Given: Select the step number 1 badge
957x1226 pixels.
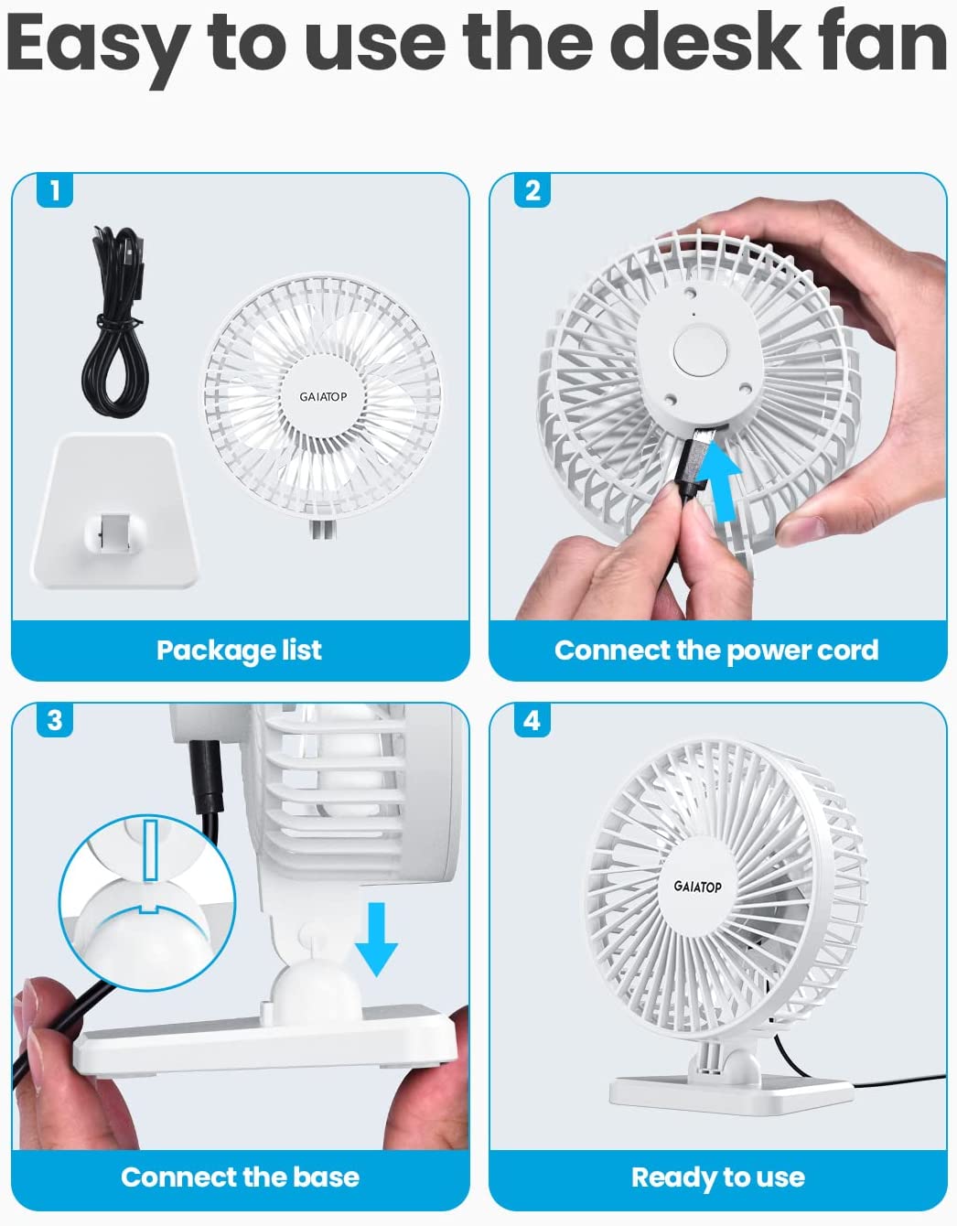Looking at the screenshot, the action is click(55, 190).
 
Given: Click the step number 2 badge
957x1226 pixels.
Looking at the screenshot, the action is click(532, 190).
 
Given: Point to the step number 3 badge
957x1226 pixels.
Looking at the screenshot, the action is click(55, 720).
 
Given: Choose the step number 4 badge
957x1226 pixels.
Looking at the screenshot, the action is click(532, 720).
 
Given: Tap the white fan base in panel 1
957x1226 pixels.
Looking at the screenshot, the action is click(115, 511).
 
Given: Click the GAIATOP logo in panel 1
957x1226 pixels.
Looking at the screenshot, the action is click(323, 397).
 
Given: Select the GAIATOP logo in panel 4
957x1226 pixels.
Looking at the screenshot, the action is click(697, 887).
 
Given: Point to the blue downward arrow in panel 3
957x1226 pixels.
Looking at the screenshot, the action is click(376, 939).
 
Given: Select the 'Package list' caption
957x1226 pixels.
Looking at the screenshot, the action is click(239, 651).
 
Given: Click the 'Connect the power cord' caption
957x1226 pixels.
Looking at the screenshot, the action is click(716, 651).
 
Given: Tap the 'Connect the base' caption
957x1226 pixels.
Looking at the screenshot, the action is click(240, 1178).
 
